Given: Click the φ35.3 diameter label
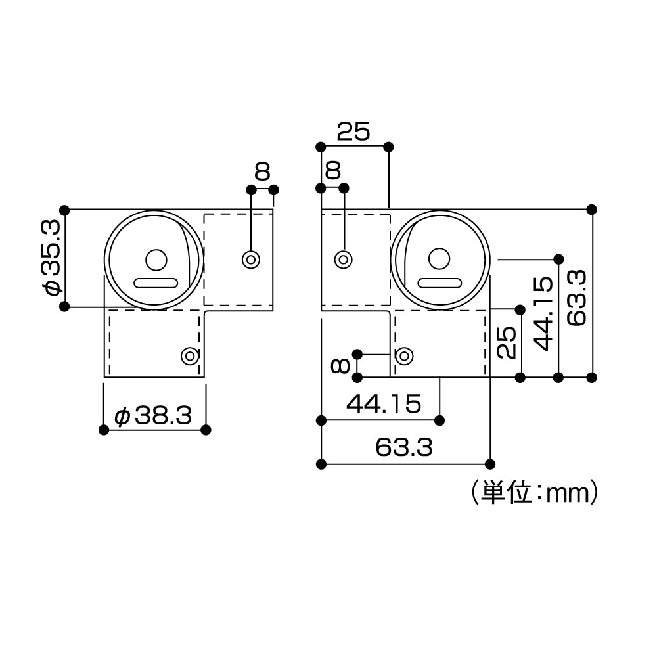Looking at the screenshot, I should (x=53, y=258).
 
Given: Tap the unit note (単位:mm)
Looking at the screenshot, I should (x=533, y=492).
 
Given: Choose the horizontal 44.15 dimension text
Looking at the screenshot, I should (x=383, y=404).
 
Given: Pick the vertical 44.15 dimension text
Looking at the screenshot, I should (x=543, y=313).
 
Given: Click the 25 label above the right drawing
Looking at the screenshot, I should (x=353, y=133).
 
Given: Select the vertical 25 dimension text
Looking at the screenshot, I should (x=506, y=342).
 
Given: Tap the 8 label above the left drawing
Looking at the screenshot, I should (x=262, y=172).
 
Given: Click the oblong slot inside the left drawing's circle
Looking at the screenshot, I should (x=156, y=283).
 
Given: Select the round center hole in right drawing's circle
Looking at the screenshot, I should (x=439, y=259).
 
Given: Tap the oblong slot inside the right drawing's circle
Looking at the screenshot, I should (x=439, y=283).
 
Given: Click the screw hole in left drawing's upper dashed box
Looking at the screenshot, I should (x=250, y=259).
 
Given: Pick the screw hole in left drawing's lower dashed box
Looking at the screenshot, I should (x=190, y=356).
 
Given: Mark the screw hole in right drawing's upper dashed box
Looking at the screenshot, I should (x=342, y=259).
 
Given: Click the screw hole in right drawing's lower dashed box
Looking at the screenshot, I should (x=403, y=355).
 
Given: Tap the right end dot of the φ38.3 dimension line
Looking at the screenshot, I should (x=206, y=430).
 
